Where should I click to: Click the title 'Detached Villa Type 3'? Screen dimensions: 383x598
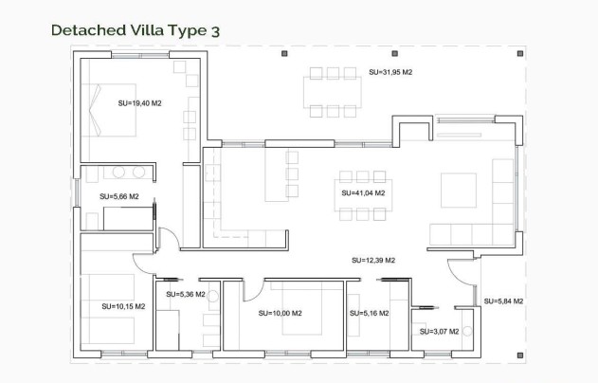[136, 30]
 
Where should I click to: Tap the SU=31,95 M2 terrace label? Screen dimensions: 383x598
[390, 72]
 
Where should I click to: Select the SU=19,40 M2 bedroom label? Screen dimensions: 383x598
[140, 102]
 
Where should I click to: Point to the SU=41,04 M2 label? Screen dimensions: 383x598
[363, 192]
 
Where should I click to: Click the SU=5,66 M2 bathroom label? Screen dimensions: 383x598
[118, 196]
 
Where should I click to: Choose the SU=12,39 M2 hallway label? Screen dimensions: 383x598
[372, 260]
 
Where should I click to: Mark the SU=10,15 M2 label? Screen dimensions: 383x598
[123, 306]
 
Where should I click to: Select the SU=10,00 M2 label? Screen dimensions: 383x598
[280, 313]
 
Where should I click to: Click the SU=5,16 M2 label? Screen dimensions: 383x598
[368, 313]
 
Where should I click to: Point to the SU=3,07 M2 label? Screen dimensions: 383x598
[439, 331]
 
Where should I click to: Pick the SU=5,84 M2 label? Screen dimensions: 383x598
[503, 301]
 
